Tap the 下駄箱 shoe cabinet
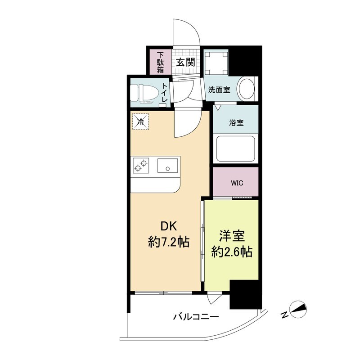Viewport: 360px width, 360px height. click(160, 63)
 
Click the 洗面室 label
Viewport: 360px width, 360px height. click(219, 90)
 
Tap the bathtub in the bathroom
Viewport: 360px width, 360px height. click(235, 148)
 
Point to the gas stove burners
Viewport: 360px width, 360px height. click(141, 166)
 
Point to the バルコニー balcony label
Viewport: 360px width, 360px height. click(196, 317)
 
